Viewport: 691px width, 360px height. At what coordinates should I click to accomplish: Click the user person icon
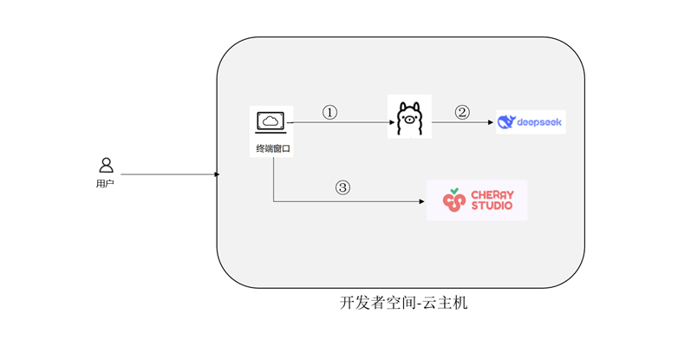[106, 165]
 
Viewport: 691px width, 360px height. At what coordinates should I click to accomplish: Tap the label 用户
[105, 184]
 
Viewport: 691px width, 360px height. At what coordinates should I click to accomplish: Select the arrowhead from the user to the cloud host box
[217, 174]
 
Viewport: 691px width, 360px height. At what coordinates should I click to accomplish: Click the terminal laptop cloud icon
[272, 122]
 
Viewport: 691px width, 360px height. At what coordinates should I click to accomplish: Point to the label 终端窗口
[273, 149]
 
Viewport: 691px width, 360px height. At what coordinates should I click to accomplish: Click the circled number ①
[329, 113]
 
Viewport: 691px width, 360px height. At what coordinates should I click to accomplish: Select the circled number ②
[462, 112]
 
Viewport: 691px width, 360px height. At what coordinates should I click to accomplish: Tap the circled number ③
[342, 187]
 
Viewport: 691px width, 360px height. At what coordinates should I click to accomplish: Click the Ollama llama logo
[408, 117]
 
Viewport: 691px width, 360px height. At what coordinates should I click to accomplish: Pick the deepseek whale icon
[506, 122]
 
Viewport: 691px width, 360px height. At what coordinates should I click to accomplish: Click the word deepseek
[539, 122]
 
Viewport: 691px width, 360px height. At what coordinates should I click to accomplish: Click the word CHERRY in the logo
[492, 194]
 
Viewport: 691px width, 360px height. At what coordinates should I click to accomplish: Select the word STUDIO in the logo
[492, 206]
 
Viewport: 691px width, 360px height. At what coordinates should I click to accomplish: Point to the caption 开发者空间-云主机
[404, 304]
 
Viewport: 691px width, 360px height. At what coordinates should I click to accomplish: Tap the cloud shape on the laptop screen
[272, 120]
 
